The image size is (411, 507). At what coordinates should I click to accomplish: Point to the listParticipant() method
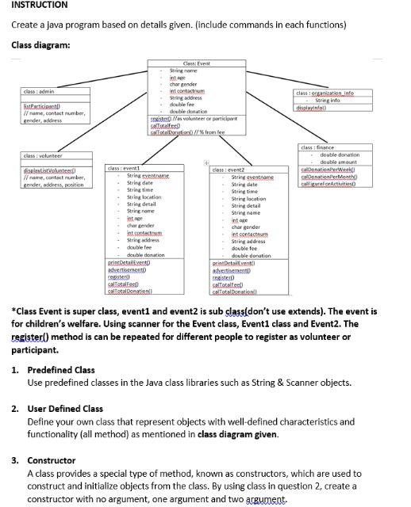[x=39, y=105]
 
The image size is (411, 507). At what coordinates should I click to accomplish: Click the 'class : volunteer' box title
[x=43, y=156]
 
